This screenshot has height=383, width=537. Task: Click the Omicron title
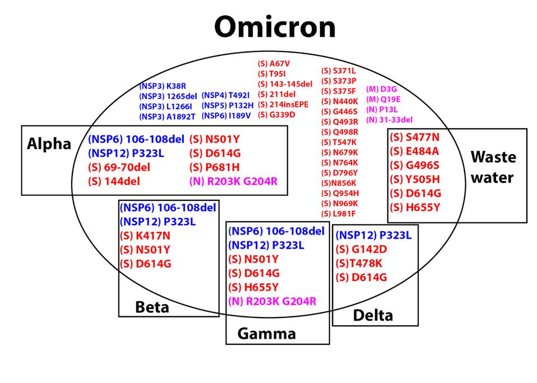point(275,26)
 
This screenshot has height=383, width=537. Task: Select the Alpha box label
point(49,144)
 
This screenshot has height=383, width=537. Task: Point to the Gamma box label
point(266,334)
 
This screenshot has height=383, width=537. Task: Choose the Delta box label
point(373,315)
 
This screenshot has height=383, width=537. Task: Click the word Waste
point(493,157)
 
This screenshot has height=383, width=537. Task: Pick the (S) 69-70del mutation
point(119,167)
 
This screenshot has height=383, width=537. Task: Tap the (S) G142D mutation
point(362,249)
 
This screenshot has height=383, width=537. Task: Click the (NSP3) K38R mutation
point(163,87)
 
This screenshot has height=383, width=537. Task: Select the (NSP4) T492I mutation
point(225,95)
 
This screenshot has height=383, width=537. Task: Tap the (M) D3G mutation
point(381,89)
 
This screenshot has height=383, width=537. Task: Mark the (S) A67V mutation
point(274,64)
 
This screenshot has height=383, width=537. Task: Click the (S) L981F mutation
point(339,213)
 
